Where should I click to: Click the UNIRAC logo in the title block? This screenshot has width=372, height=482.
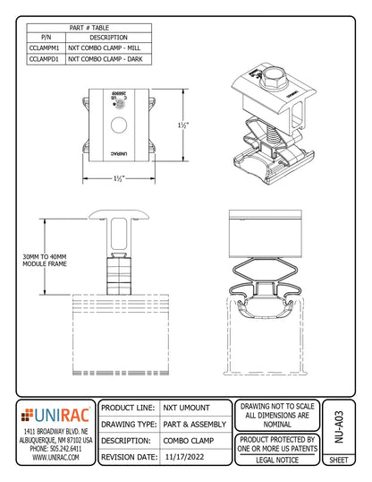[55, 414]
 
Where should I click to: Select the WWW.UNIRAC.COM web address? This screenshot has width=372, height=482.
[55, 457]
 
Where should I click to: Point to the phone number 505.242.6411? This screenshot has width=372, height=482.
[55, 448]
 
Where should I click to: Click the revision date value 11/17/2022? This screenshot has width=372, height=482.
[190, 456]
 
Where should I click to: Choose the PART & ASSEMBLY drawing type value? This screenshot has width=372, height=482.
[192, 424]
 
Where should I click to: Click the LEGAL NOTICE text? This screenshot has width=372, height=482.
[276, 460]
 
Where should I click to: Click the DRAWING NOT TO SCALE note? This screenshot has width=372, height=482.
[276, 406]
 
